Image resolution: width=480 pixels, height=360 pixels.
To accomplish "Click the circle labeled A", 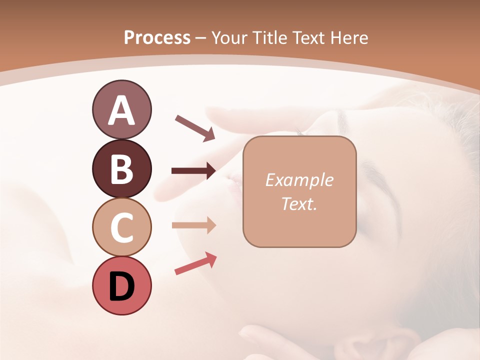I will tap(122, 109).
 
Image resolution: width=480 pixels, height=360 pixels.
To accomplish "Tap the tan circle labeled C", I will tap(122, 227).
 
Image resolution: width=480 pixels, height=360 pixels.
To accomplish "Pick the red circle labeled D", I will tap(122, 285).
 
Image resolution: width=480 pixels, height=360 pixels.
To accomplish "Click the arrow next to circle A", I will tap(195, 128).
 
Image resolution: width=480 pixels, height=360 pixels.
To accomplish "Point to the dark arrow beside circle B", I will tap(194, 171).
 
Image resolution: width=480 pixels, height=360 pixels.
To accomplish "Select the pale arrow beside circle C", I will tap(194, 225).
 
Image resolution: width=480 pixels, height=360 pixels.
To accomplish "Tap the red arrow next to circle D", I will tap(195, 263).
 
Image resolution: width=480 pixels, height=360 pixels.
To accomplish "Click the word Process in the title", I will tap(157, 37).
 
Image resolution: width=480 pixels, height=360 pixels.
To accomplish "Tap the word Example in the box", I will tap(299, 180).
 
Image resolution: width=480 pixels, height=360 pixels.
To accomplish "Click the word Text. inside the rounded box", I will tap(299, 204).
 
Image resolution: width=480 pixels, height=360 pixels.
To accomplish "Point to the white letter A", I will tap(122, 110).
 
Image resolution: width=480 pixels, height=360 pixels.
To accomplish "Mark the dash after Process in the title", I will tap(201, 38).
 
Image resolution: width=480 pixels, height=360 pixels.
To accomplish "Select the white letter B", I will tap(122, 169).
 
